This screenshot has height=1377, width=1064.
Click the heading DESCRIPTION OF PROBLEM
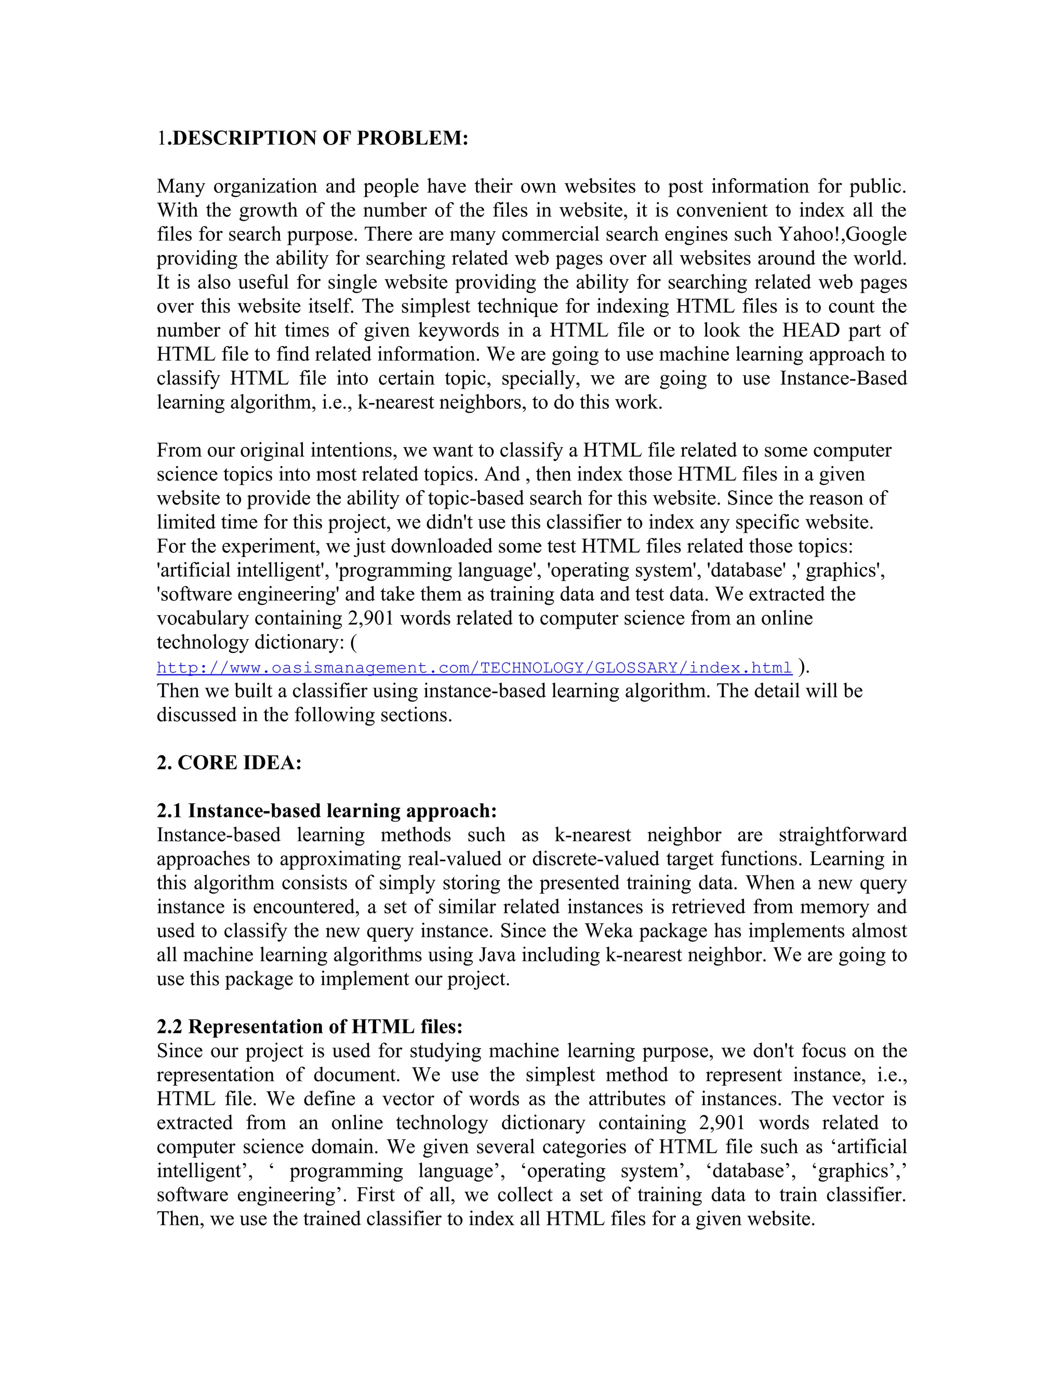320,138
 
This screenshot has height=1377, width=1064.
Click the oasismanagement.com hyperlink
474,668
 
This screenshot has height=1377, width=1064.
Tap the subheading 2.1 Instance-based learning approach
326,811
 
